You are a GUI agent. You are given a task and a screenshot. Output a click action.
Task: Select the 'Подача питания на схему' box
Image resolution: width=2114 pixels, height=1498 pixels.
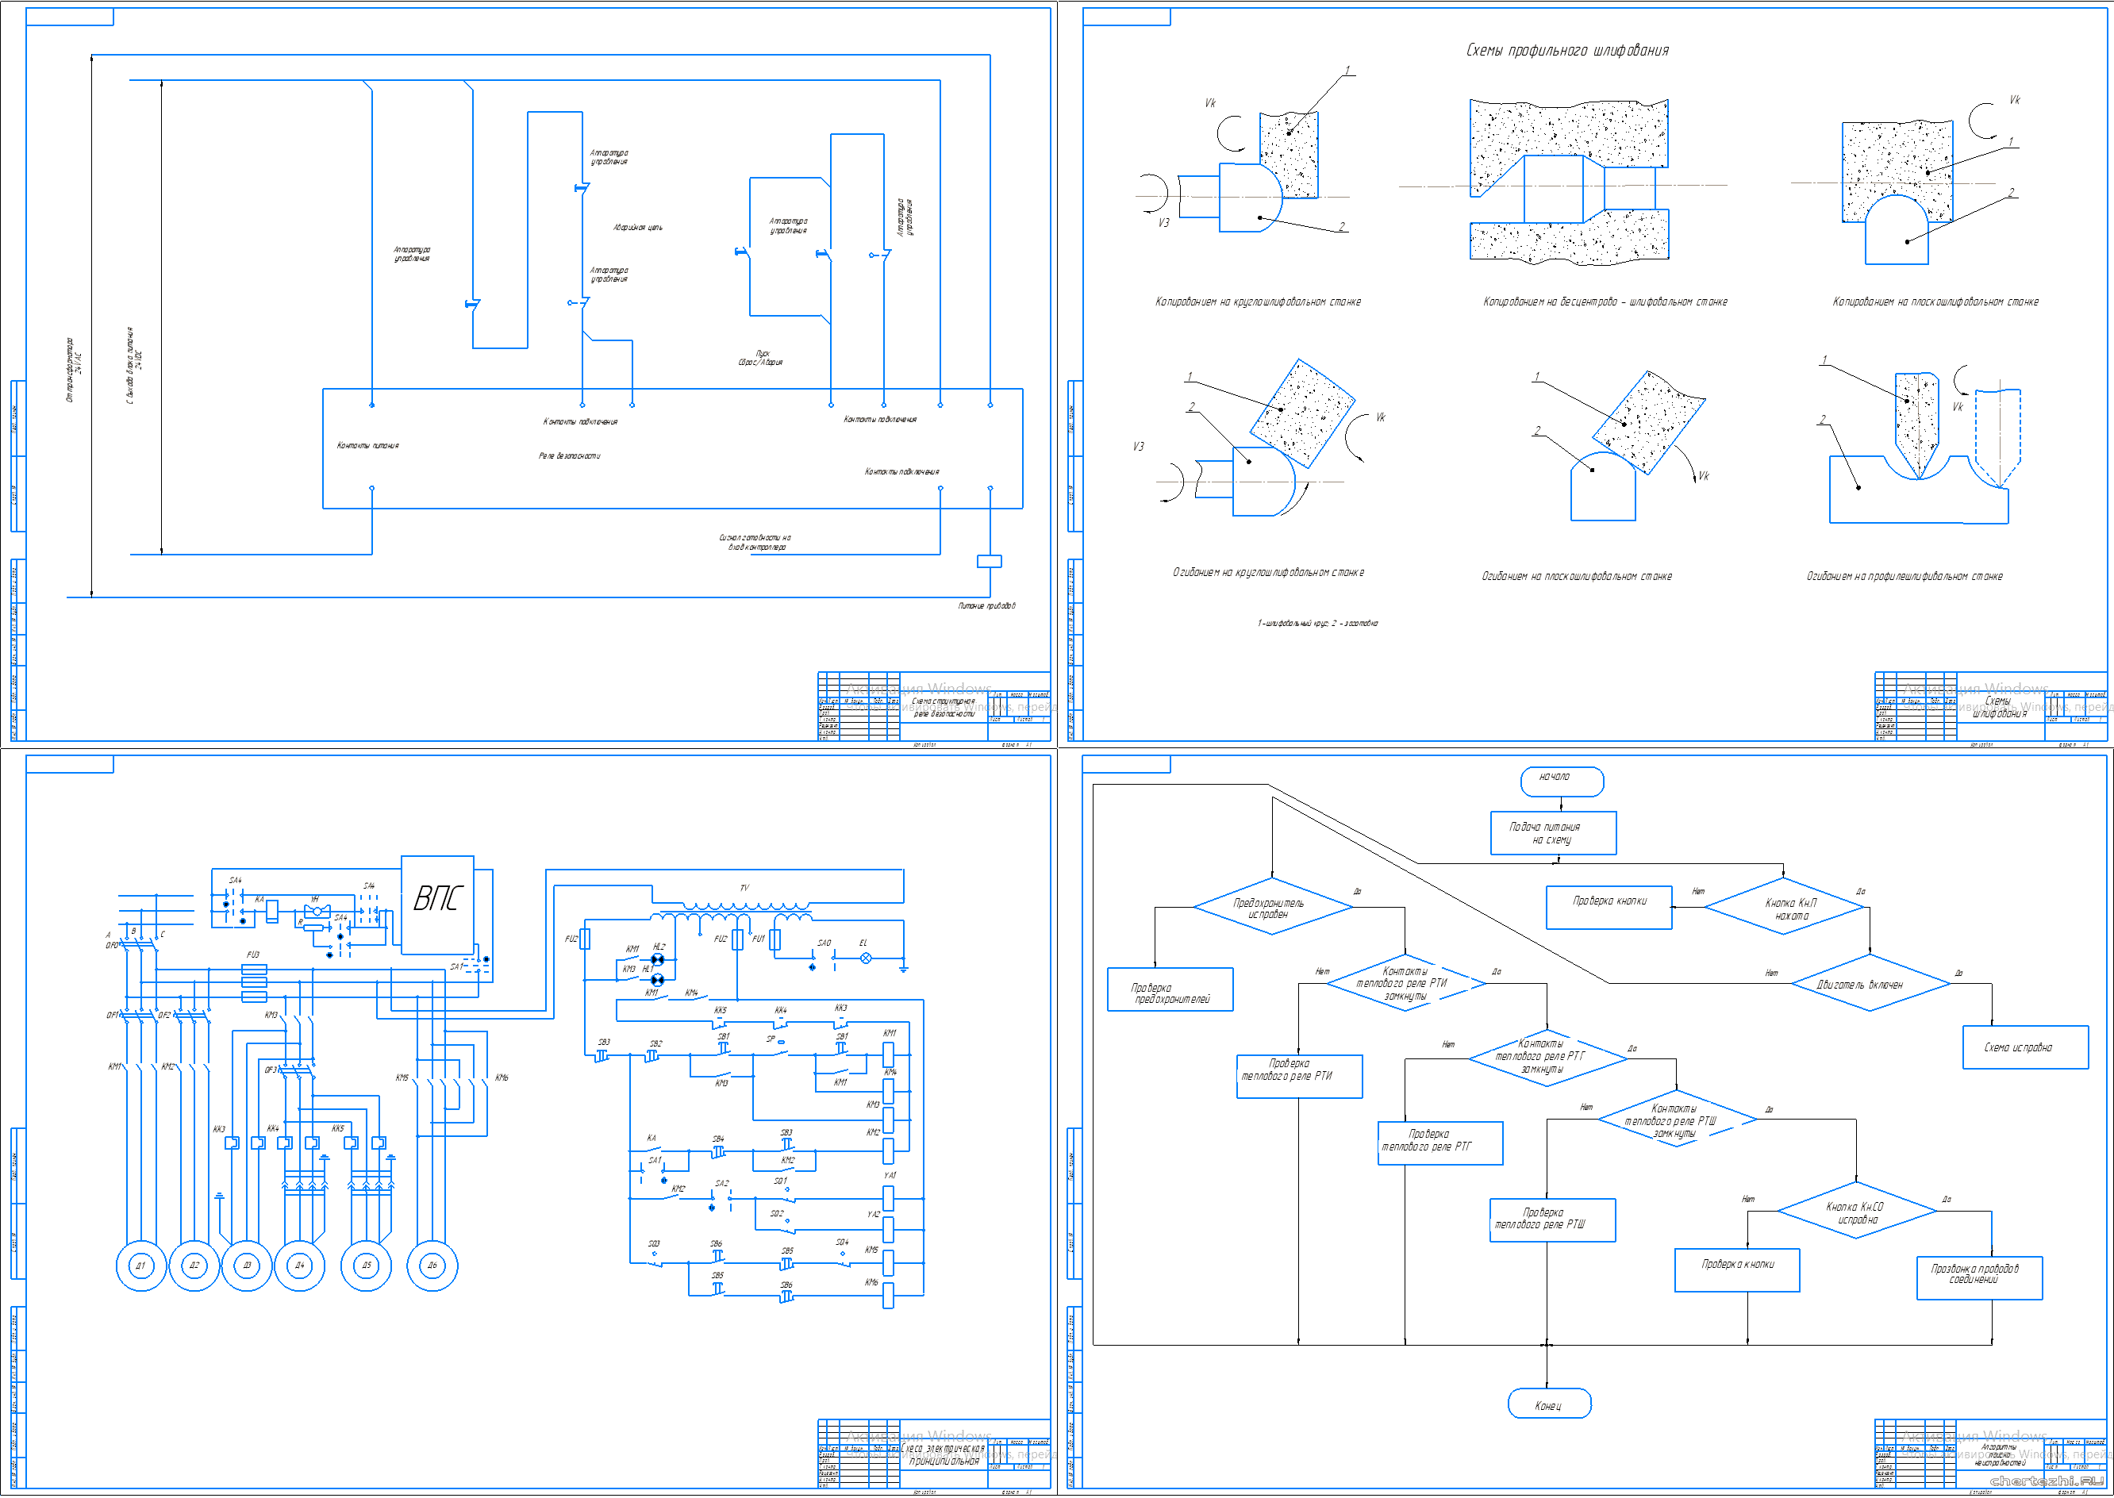pyautogui.click(x=1553, y=833)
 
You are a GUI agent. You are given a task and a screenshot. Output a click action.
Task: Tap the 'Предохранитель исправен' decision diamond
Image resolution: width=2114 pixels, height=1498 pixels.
pyautogui.click(x=1273, y=907)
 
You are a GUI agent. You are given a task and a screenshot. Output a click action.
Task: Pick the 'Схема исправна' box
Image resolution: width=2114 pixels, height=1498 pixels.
pyautogui.click(x=2024, y=1047)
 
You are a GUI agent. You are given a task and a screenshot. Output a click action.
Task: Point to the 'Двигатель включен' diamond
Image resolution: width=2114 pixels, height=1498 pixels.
pyautogui.click(x=1870, y=984)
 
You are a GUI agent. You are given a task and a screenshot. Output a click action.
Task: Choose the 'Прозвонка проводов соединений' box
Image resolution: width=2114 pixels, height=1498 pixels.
pyautogui.click(x=1978, y=1277)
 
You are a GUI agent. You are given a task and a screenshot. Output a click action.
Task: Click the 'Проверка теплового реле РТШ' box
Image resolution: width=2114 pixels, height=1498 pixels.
pyautogui.click(x=1552, y=1220)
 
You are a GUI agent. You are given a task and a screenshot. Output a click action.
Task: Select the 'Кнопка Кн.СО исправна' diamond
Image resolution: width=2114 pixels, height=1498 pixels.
pyautogui.click(x=1856, y=1212)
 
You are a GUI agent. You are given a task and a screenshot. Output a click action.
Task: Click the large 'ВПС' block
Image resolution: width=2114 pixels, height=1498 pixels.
pyautogui.click(x=437, y=904)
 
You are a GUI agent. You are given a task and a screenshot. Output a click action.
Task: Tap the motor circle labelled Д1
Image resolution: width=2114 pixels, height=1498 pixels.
pyautogui.click(x=141, y=1266)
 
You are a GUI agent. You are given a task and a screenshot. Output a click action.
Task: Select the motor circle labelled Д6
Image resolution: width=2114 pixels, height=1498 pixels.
pyautogui.click(x=432, y=1266)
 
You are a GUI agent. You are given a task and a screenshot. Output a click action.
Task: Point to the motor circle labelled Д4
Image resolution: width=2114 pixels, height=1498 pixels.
pyautogui.click(x=300, y=1266)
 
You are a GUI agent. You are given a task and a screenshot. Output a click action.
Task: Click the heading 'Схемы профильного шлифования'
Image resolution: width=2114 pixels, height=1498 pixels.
pyautogui.click(x=1567, y=51)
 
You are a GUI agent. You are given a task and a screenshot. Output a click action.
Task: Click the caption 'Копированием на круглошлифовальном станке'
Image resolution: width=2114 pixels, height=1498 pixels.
pyautogui.click(x=1257, y=302)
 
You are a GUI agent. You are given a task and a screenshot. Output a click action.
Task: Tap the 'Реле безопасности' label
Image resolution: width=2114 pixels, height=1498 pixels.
pyautogui.click(x=569, y=455)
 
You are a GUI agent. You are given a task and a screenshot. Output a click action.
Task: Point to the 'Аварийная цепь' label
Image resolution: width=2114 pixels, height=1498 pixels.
pyautogui.click(x=637, y=227)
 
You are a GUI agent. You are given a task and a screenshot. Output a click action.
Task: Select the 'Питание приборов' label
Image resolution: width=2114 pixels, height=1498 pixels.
pyautogui.click(x=986, y=606)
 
